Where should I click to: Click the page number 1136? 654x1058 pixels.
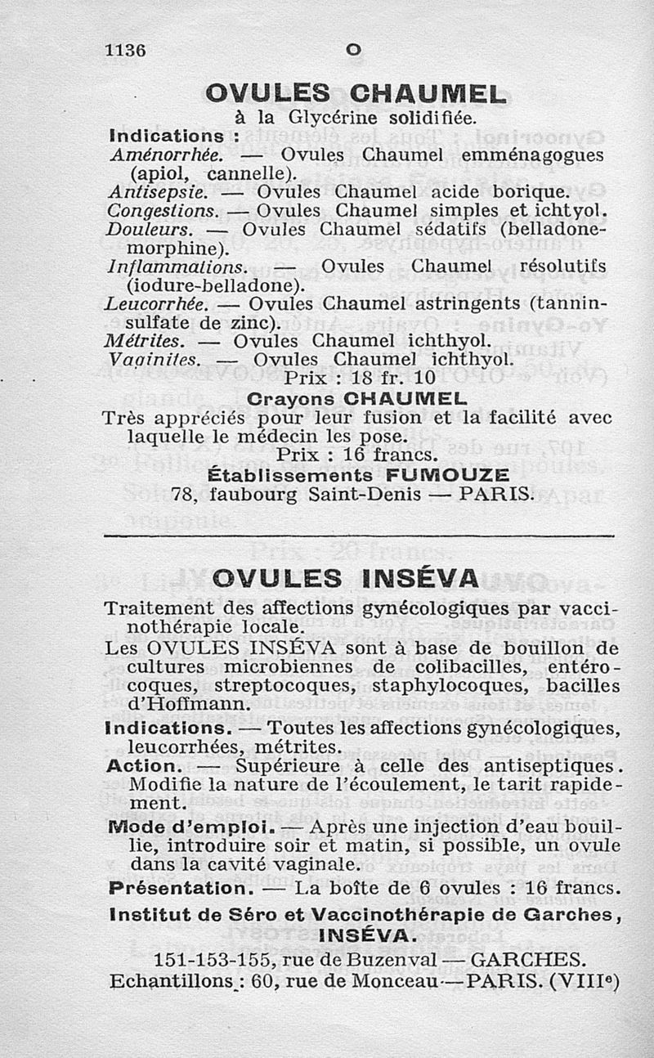[125, 50]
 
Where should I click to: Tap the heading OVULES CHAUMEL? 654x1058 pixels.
[356, 94]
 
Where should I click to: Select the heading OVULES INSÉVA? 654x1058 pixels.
[344, 579]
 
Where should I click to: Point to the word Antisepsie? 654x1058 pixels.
[154, 193]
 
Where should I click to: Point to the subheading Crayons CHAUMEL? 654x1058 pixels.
[356, 400]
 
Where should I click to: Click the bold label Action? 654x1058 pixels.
[144, 767]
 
